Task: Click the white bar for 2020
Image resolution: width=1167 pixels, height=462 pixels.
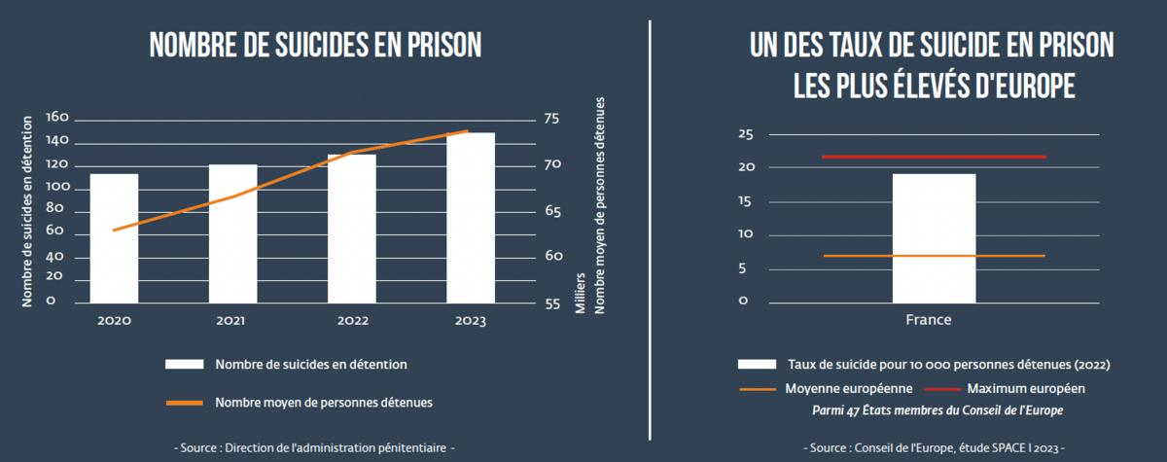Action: (x=114, y=238)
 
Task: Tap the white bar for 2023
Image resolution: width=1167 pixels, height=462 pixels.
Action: (x=471, y=218)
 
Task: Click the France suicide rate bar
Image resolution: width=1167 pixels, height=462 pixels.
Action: (x=934, y=238)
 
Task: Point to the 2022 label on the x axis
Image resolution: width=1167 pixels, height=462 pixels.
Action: (x=351, y=321)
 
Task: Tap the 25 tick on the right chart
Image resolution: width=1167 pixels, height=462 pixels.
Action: (x=746, y=134)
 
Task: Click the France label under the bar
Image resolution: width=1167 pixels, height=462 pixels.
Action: (x=929, y=320)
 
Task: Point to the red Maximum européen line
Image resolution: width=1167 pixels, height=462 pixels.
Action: (x=934, y=157)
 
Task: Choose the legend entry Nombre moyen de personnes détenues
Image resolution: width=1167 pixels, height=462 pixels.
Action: (x=323, y=402)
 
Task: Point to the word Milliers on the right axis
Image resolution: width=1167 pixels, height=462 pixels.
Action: (x=580, y=293)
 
